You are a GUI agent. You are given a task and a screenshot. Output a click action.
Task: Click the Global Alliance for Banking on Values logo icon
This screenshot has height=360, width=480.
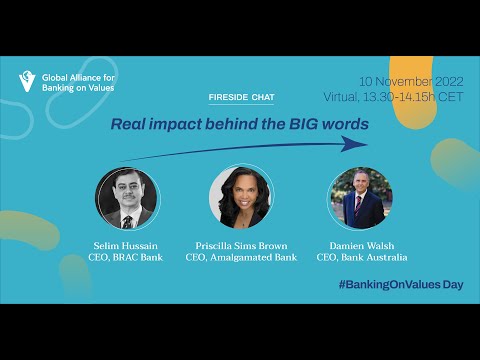(27, 82)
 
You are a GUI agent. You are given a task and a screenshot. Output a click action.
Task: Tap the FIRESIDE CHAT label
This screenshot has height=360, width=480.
(242, 97)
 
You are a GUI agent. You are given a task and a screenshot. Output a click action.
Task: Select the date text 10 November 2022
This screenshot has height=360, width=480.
(411, 81)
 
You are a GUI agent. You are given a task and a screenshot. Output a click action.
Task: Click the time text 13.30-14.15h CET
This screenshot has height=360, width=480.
(413, 97)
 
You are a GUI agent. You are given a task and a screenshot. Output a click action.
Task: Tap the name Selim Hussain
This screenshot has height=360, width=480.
(125, 246)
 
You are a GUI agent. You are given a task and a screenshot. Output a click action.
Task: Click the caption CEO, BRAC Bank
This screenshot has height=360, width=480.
(126, 257)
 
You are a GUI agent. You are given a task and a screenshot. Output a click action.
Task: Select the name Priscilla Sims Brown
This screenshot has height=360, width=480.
(241, 246)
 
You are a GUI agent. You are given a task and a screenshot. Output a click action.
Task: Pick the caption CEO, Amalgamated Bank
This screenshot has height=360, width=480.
(241, 257)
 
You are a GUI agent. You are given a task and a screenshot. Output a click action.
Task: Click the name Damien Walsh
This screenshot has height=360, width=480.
(362, 246)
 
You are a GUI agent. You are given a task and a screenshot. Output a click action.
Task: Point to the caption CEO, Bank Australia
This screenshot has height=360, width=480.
(362, 257)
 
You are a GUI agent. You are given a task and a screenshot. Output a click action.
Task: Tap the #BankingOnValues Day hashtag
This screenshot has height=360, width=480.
(401, 284)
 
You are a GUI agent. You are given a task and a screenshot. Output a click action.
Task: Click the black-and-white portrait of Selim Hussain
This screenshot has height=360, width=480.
(127, 198)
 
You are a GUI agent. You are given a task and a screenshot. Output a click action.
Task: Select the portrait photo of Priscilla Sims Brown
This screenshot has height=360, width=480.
(241, 198)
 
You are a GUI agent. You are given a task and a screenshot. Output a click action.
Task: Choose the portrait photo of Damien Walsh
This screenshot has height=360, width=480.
(361, 198)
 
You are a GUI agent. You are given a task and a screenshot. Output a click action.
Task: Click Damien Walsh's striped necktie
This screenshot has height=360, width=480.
(358, 205)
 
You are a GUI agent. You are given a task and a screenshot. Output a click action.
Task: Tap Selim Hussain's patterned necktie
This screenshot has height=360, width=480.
(127, 222)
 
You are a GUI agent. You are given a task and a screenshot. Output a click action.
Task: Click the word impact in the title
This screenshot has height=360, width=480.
(175, 124)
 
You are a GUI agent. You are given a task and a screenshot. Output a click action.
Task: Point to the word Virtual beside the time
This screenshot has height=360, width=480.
(341, 97)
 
